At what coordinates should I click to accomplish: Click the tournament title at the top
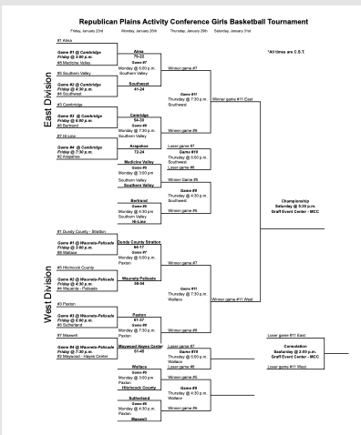(x=192, y=20)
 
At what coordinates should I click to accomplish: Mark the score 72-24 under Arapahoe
(x=139, y=151)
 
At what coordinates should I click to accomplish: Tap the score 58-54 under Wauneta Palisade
(x=139, y=283)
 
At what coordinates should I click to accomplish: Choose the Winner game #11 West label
(x=232, y=298)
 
